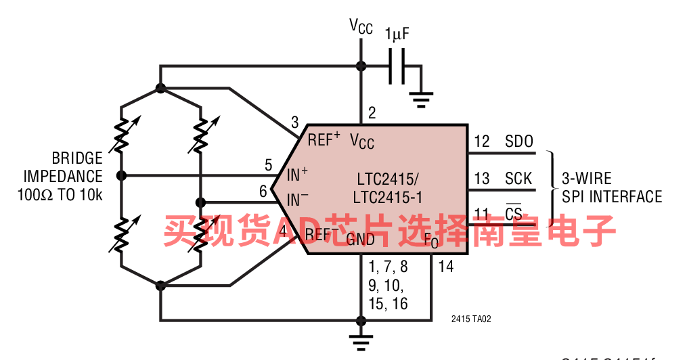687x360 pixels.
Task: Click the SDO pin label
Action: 519,142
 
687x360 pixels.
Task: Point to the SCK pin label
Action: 519,179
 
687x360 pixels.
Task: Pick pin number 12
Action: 482,142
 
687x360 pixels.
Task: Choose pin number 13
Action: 482,179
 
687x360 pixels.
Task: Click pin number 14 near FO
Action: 445,266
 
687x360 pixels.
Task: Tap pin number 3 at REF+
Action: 294,122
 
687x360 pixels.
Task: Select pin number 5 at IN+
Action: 269,164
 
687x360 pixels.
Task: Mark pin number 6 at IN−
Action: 263,192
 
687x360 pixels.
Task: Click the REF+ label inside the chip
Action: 324,140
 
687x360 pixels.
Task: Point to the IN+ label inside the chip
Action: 297,174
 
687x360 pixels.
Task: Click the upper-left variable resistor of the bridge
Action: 121,134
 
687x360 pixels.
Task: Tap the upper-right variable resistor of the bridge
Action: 201,134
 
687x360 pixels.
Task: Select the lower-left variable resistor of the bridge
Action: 121,233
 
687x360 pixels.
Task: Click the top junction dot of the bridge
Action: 160,88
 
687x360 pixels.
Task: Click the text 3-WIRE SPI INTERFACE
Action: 611,187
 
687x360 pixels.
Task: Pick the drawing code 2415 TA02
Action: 471,319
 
